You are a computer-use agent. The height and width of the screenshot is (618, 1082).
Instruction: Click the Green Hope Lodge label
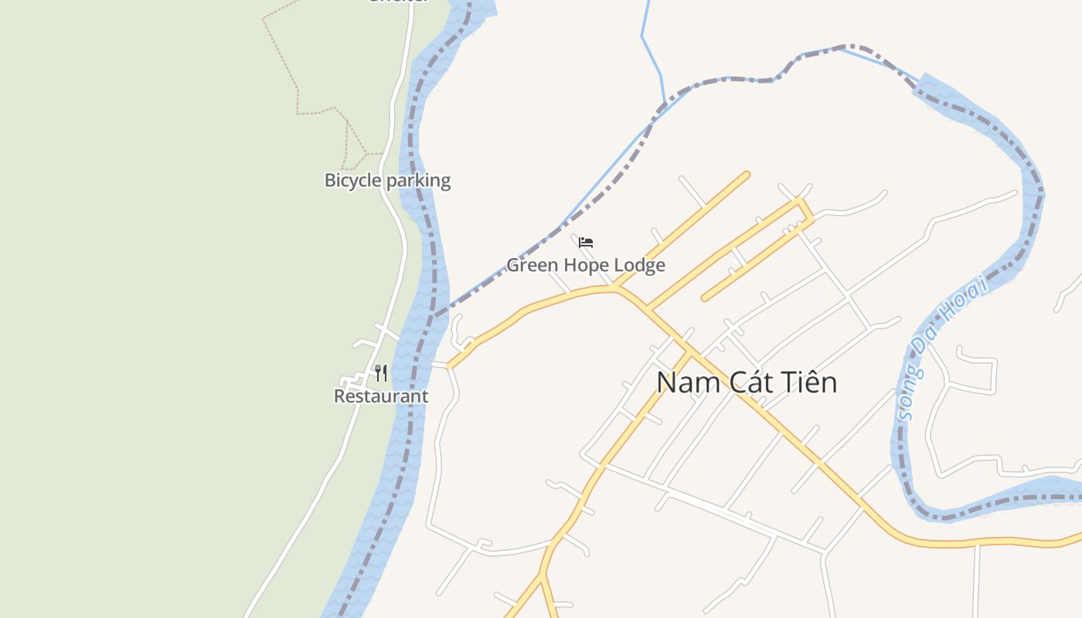[585, 265]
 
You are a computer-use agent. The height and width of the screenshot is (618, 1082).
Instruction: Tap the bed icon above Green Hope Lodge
[586, 243]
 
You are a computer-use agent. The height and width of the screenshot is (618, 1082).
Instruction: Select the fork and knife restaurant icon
[381, 374]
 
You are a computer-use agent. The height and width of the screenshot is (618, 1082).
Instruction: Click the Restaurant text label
[380, 396]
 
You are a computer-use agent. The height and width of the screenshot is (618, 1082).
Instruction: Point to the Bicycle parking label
[387, 181]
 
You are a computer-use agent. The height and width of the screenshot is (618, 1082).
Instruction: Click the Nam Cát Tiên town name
[747, 382]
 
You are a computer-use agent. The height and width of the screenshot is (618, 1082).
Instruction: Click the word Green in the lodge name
[532, 265]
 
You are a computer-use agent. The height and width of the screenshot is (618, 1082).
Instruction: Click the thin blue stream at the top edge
[645, 23]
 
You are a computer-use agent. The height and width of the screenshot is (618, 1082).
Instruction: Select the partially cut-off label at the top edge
[398, 2]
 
